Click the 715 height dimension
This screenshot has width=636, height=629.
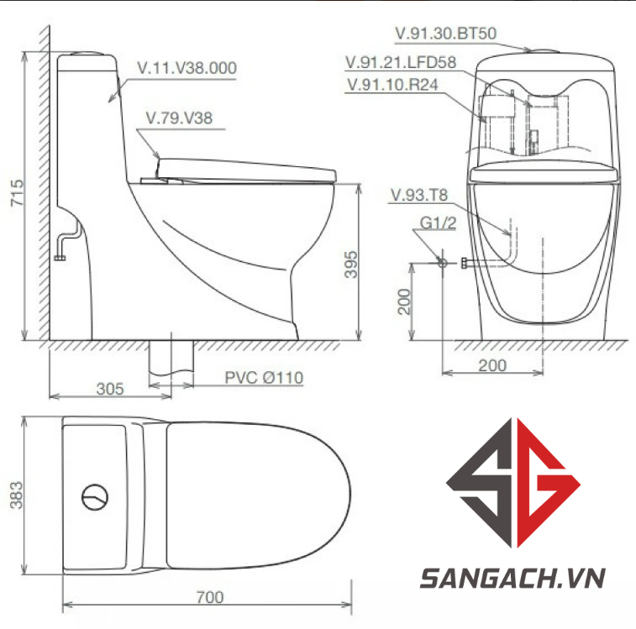[17, 193]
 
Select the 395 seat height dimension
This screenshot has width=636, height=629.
[351, 265]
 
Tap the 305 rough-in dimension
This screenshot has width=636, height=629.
[110, 389]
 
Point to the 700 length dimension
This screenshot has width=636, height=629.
[210, 597]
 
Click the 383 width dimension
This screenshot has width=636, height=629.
[17, 495]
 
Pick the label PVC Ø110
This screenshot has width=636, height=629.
[264, 378]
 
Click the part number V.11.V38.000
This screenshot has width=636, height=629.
[187, 68]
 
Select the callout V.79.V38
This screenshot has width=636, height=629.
[179, 118]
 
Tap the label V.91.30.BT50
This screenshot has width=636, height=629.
[446, 34]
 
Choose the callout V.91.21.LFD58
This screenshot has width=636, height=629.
[401, 62]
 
